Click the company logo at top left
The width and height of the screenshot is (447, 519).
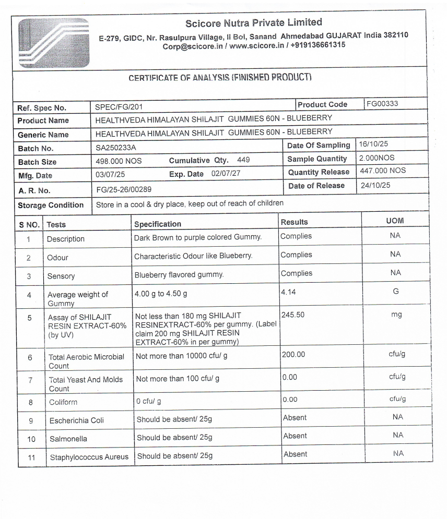(53, 43)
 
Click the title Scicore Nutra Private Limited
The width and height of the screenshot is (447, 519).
(254, 22)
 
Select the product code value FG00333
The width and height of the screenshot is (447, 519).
(382, 104)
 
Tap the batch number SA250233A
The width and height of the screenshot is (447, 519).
(115, 148)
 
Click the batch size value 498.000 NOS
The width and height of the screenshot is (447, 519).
(119, 161)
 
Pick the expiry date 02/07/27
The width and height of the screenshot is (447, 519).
(226, 173)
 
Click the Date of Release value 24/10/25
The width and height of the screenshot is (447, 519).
(375, 185)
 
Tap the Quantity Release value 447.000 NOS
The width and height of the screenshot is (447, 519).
(383, 171)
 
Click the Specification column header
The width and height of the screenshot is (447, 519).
(158, 224)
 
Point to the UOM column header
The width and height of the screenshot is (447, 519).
(395, 221)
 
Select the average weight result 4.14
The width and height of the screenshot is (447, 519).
(288, 292)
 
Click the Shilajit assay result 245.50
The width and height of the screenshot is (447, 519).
(292, 315)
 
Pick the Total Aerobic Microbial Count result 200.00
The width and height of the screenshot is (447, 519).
(293, 355)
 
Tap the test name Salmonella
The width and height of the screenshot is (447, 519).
(68, 439)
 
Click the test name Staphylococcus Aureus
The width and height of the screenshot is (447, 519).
(89, 457)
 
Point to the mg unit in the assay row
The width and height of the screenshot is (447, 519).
(396, 315)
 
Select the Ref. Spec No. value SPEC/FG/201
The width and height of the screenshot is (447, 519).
(119, 107)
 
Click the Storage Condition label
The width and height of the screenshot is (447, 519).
(51, 205)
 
